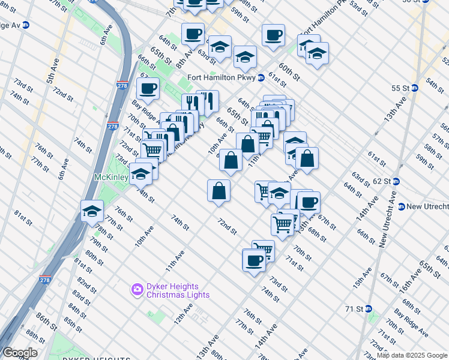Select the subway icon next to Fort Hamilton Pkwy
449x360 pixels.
click(261, 77)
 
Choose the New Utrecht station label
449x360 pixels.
click(427, 206)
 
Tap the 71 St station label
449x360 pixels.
click(355, 309)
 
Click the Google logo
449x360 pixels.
click(20, 353)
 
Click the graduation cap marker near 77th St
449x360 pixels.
click(92, 211)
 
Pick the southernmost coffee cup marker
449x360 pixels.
click(254, 260)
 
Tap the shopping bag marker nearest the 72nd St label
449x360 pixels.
click(219, 191)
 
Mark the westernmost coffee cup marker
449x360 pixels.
click(148, 89)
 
